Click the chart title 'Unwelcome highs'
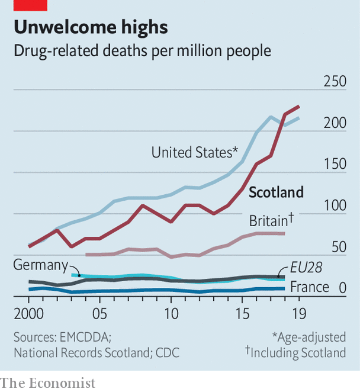(91, 27)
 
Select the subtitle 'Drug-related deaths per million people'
(142, 50)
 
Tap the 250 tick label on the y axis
(334, 81)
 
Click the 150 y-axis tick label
(334, 164)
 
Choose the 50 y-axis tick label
(338, 247)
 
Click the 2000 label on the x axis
(29, 311)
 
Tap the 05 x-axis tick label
(99, 311)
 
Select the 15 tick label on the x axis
(242, 311)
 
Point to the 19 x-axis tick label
(298, 311)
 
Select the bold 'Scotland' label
(276, 192)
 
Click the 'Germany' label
(38, 265)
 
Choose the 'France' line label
(309, 287)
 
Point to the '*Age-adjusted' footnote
(308, 337)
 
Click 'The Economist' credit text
(48, 383)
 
